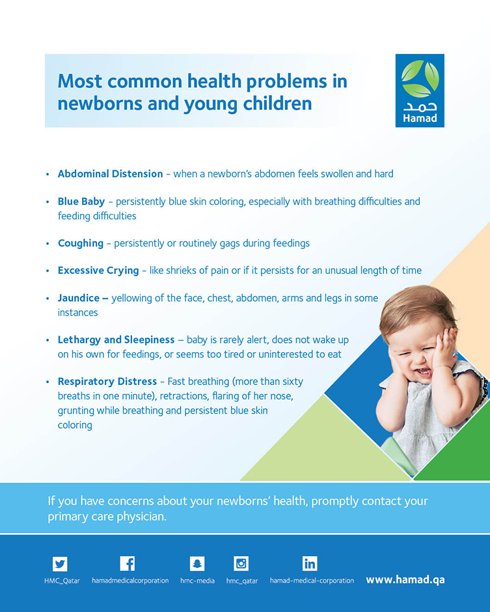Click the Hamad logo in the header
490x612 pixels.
coord(420,90)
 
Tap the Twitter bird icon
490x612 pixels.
coord(60,564)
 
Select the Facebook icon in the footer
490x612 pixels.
coord(128,564)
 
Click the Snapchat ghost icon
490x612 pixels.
coord(197,564)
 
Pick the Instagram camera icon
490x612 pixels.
coord(241,564)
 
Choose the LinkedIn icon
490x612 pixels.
coord(310,564)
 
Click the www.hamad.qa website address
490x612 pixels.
coord(405,580)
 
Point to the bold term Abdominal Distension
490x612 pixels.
coord(110,174)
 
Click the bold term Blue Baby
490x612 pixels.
coord(81,202)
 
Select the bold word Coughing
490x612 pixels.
coord(81,243)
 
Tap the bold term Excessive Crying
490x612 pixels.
coord(98,271)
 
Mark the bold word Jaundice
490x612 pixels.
coord(79,298)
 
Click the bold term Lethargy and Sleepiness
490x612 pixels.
coord(116,340)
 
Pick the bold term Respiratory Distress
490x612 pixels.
coord(107,381)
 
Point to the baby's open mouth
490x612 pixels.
coord(422,371)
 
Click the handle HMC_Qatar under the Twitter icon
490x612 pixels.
coord(62,581)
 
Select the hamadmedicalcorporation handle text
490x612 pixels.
coord(130,581)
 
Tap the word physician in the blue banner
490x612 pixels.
coord(141,517)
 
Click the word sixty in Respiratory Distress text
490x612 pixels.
coord(292,382)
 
